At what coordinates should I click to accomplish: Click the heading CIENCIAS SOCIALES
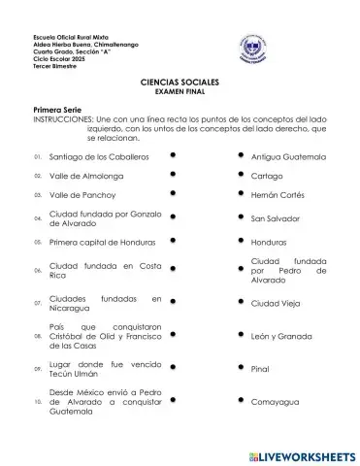pos(180,85)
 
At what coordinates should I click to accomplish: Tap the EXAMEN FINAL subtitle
pos(180,95)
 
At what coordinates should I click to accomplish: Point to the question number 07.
pos(37,303)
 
